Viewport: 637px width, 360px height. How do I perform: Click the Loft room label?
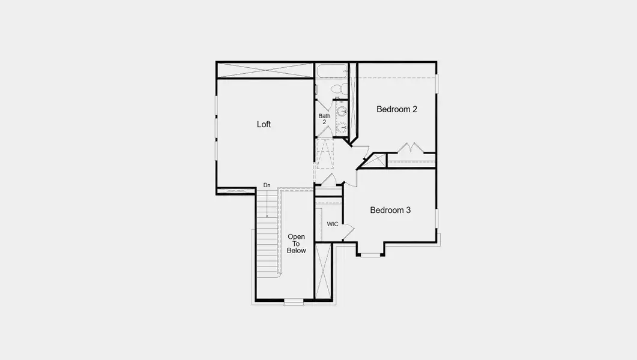point(264,124)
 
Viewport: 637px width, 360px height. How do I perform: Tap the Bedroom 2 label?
point(397,109)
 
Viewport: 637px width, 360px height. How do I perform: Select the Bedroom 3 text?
point(390,210)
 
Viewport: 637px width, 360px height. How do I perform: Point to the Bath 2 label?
point(324,119)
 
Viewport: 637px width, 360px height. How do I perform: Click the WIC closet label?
point(333,224)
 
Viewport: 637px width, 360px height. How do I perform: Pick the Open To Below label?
point(296,243)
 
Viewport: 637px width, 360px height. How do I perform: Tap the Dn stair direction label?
point(267,185)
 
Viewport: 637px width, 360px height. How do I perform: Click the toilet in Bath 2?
point(337,89)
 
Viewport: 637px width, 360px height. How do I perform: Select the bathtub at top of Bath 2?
point(332,71)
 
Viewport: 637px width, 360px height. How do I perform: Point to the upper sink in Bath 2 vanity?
point(342,111)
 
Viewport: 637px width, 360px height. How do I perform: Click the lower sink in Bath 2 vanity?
point(342,127)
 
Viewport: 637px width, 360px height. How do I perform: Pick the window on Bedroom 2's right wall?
point(436,83)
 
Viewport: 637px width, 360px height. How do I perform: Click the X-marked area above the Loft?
point(265,70)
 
